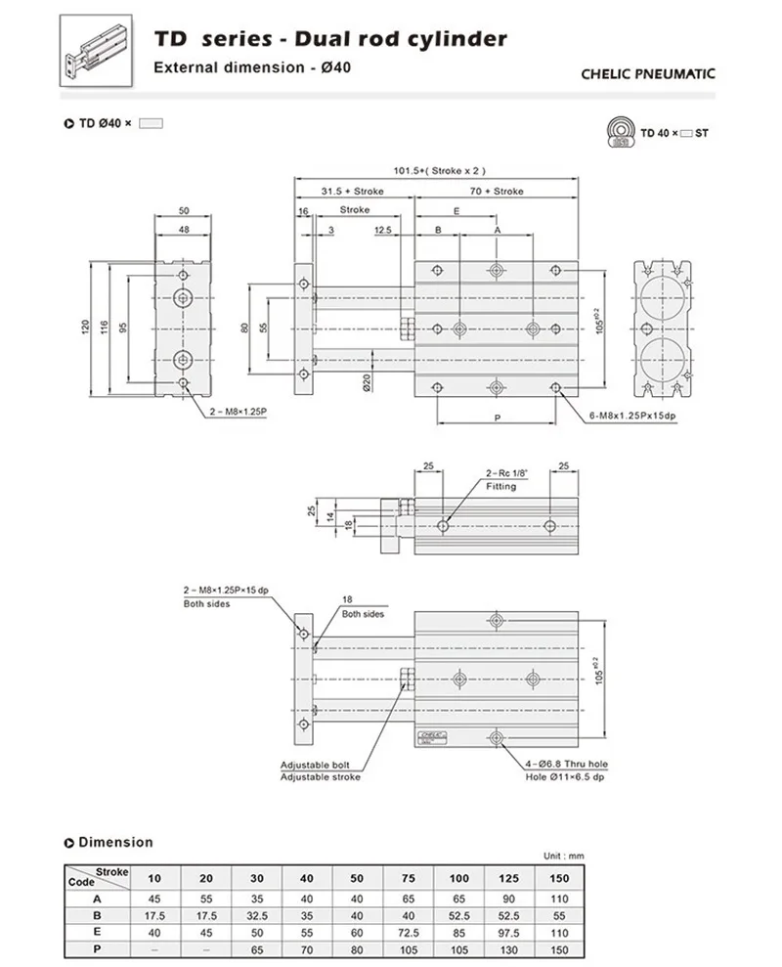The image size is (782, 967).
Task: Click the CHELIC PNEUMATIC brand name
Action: pos(647,74)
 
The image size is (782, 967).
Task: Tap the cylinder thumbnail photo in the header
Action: pos(96,51)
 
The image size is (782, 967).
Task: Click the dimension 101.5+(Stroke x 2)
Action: pos(440,171)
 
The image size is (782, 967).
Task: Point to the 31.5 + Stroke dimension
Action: pos(352,192)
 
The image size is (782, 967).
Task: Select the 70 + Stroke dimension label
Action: pos(497,192)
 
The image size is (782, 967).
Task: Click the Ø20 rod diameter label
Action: pos(367,383)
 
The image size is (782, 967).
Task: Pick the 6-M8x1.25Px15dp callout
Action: pos(632,416)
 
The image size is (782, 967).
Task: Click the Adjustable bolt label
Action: pos(315,765)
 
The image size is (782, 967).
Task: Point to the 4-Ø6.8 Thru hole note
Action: pos(566,764)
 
